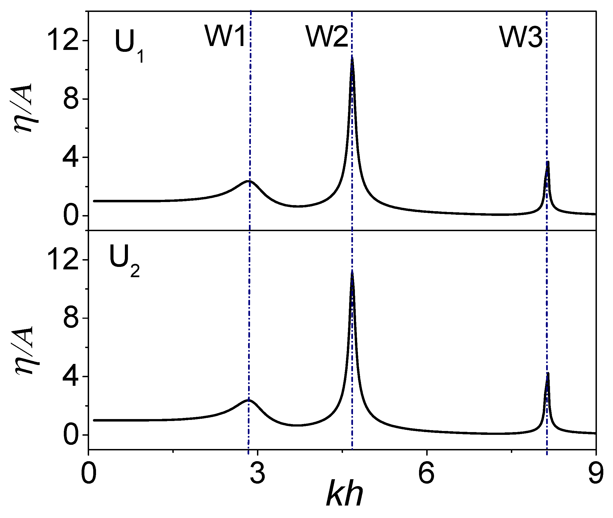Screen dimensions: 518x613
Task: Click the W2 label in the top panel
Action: (327, 37)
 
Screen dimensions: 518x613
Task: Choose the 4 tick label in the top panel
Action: (71, 157)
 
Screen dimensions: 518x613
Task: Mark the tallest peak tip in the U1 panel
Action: (352, 58)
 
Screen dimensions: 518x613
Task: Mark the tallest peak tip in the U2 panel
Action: (352, 272)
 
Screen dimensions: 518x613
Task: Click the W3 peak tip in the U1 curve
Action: (548, 162)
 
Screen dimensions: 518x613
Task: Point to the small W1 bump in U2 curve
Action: (249, 400)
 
